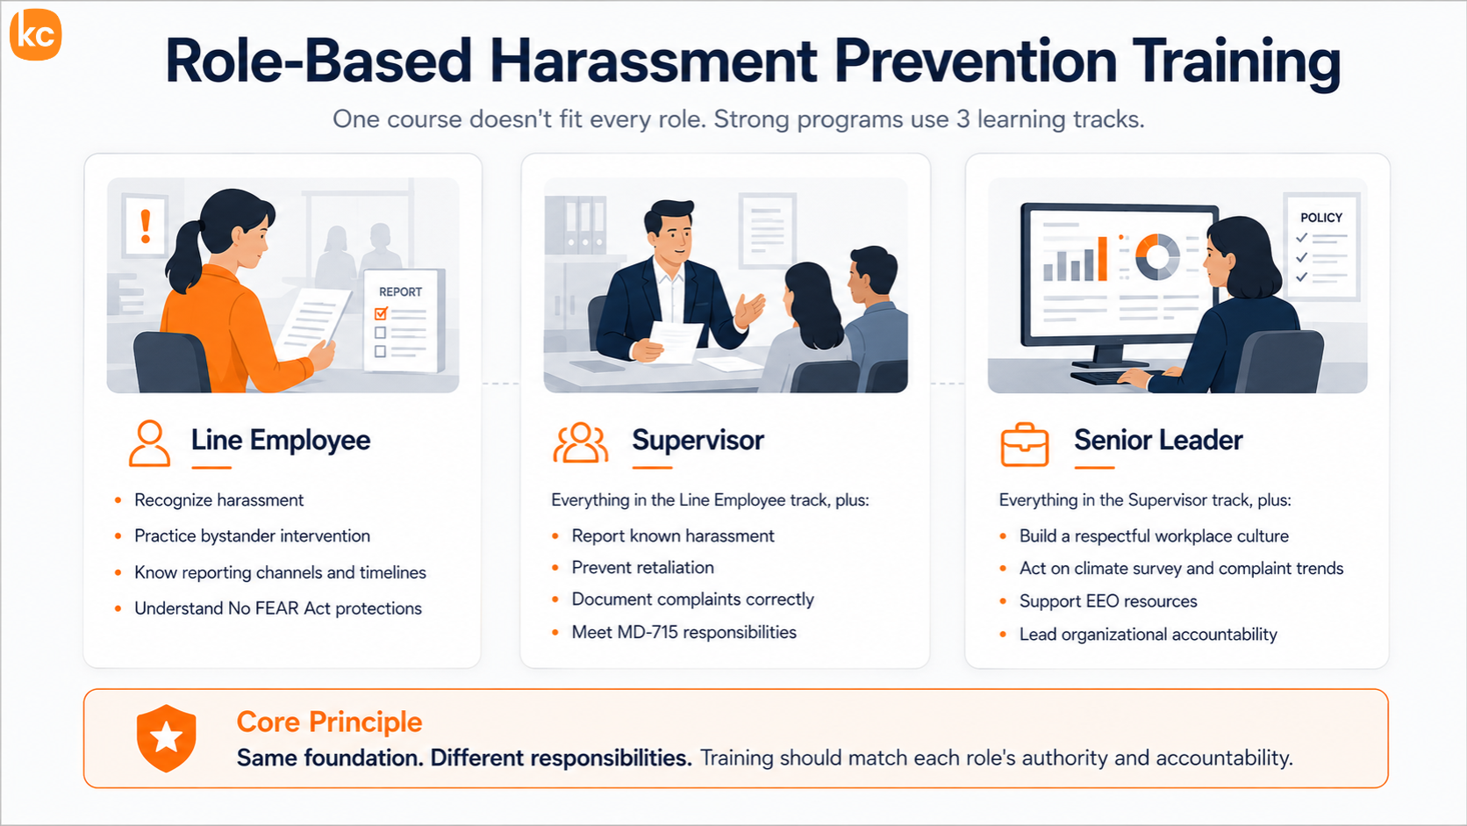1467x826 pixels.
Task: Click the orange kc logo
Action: (35, 34)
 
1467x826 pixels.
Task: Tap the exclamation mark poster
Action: (145, 226)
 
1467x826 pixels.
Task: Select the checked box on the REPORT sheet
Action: (381, 313)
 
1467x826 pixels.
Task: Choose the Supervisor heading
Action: (698, 440)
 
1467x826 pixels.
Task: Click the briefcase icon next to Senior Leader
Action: (1024, 444)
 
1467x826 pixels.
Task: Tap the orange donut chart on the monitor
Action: (1157, 256)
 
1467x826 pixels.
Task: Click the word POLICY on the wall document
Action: (1321, 218)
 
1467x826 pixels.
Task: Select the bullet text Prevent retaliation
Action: (642, 567)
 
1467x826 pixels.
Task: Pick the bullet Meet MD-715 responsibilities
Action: (683, 632)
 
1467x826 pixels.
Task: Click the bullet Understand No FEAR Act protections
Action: (277, 608)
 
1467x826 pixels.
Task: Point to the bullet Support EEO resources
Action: (1108, 601)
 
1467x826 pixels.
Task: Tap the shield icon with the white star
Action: (167, 738)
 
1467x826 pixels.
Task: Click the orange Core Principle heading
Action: (329, 722)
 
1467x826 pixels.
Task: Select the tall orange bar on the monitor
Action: (1102, 259)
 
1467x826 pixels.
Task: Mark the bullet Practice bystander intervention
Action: (252, 535)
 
